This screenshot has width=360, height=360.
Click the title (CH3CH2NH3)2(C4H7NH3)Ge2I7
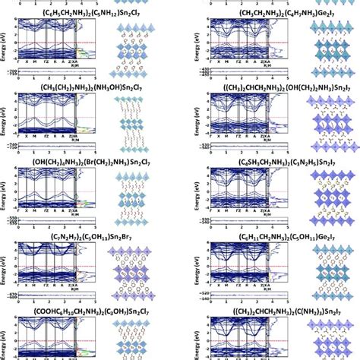click(247, 14)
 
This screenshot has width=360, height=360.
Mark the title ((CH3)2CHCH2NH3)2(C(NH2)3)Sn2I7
click(247, 310)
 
